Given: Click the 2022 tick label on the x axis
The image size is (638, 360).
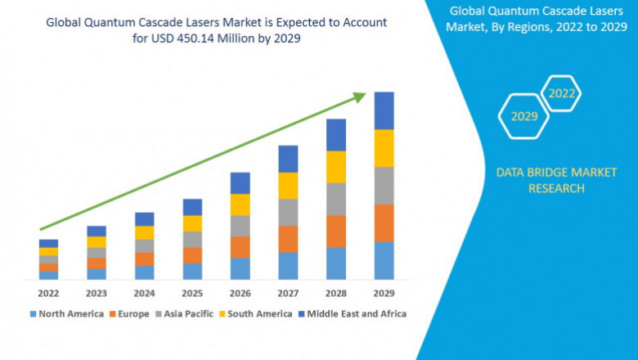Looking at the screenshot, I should pos(48,292).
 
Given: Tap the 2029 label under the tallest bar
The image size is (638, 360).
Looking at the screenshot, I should pos(384,292).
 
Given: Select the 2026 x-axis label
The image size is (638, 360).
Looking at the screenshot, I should pos(240,292).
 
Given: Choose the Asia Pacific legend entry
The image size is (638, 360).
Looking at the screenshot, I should pos(187,313).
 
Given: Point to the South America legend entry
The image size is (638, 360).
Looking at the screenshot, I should pos(258,313).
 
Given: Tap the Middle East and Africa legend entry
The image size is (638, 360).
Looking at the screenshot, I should pos(356,313).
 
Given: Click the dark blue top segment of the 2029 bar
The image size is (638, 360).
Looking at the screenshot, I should pos(384,110).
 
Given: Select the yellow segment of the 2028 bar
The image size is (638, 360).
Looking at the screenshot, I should pos(336,167).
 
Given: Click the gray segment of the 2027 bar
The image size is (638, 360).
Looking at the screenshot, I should pos(288,212).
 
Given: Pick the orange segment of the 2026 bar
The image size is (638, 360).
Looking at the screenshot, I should pos(240,247).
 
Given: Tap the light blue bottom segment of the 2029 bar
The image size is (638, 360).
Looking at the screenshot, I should pos(384,260).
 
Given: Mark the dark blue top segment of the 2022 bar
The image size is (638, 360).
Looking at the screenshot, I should pos(48,243).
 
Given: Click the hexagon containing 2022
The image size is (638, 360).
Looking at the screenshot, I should pos(562,93).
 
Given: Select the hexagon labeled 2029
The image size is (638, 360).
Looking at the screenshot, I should pos(524,116).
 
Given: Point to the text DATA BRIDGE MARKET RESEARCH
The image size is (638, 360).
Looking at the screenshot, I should pos(540,180).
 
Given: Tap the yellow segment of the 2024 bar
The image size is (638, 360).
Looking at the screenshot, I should pos(144,232).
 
